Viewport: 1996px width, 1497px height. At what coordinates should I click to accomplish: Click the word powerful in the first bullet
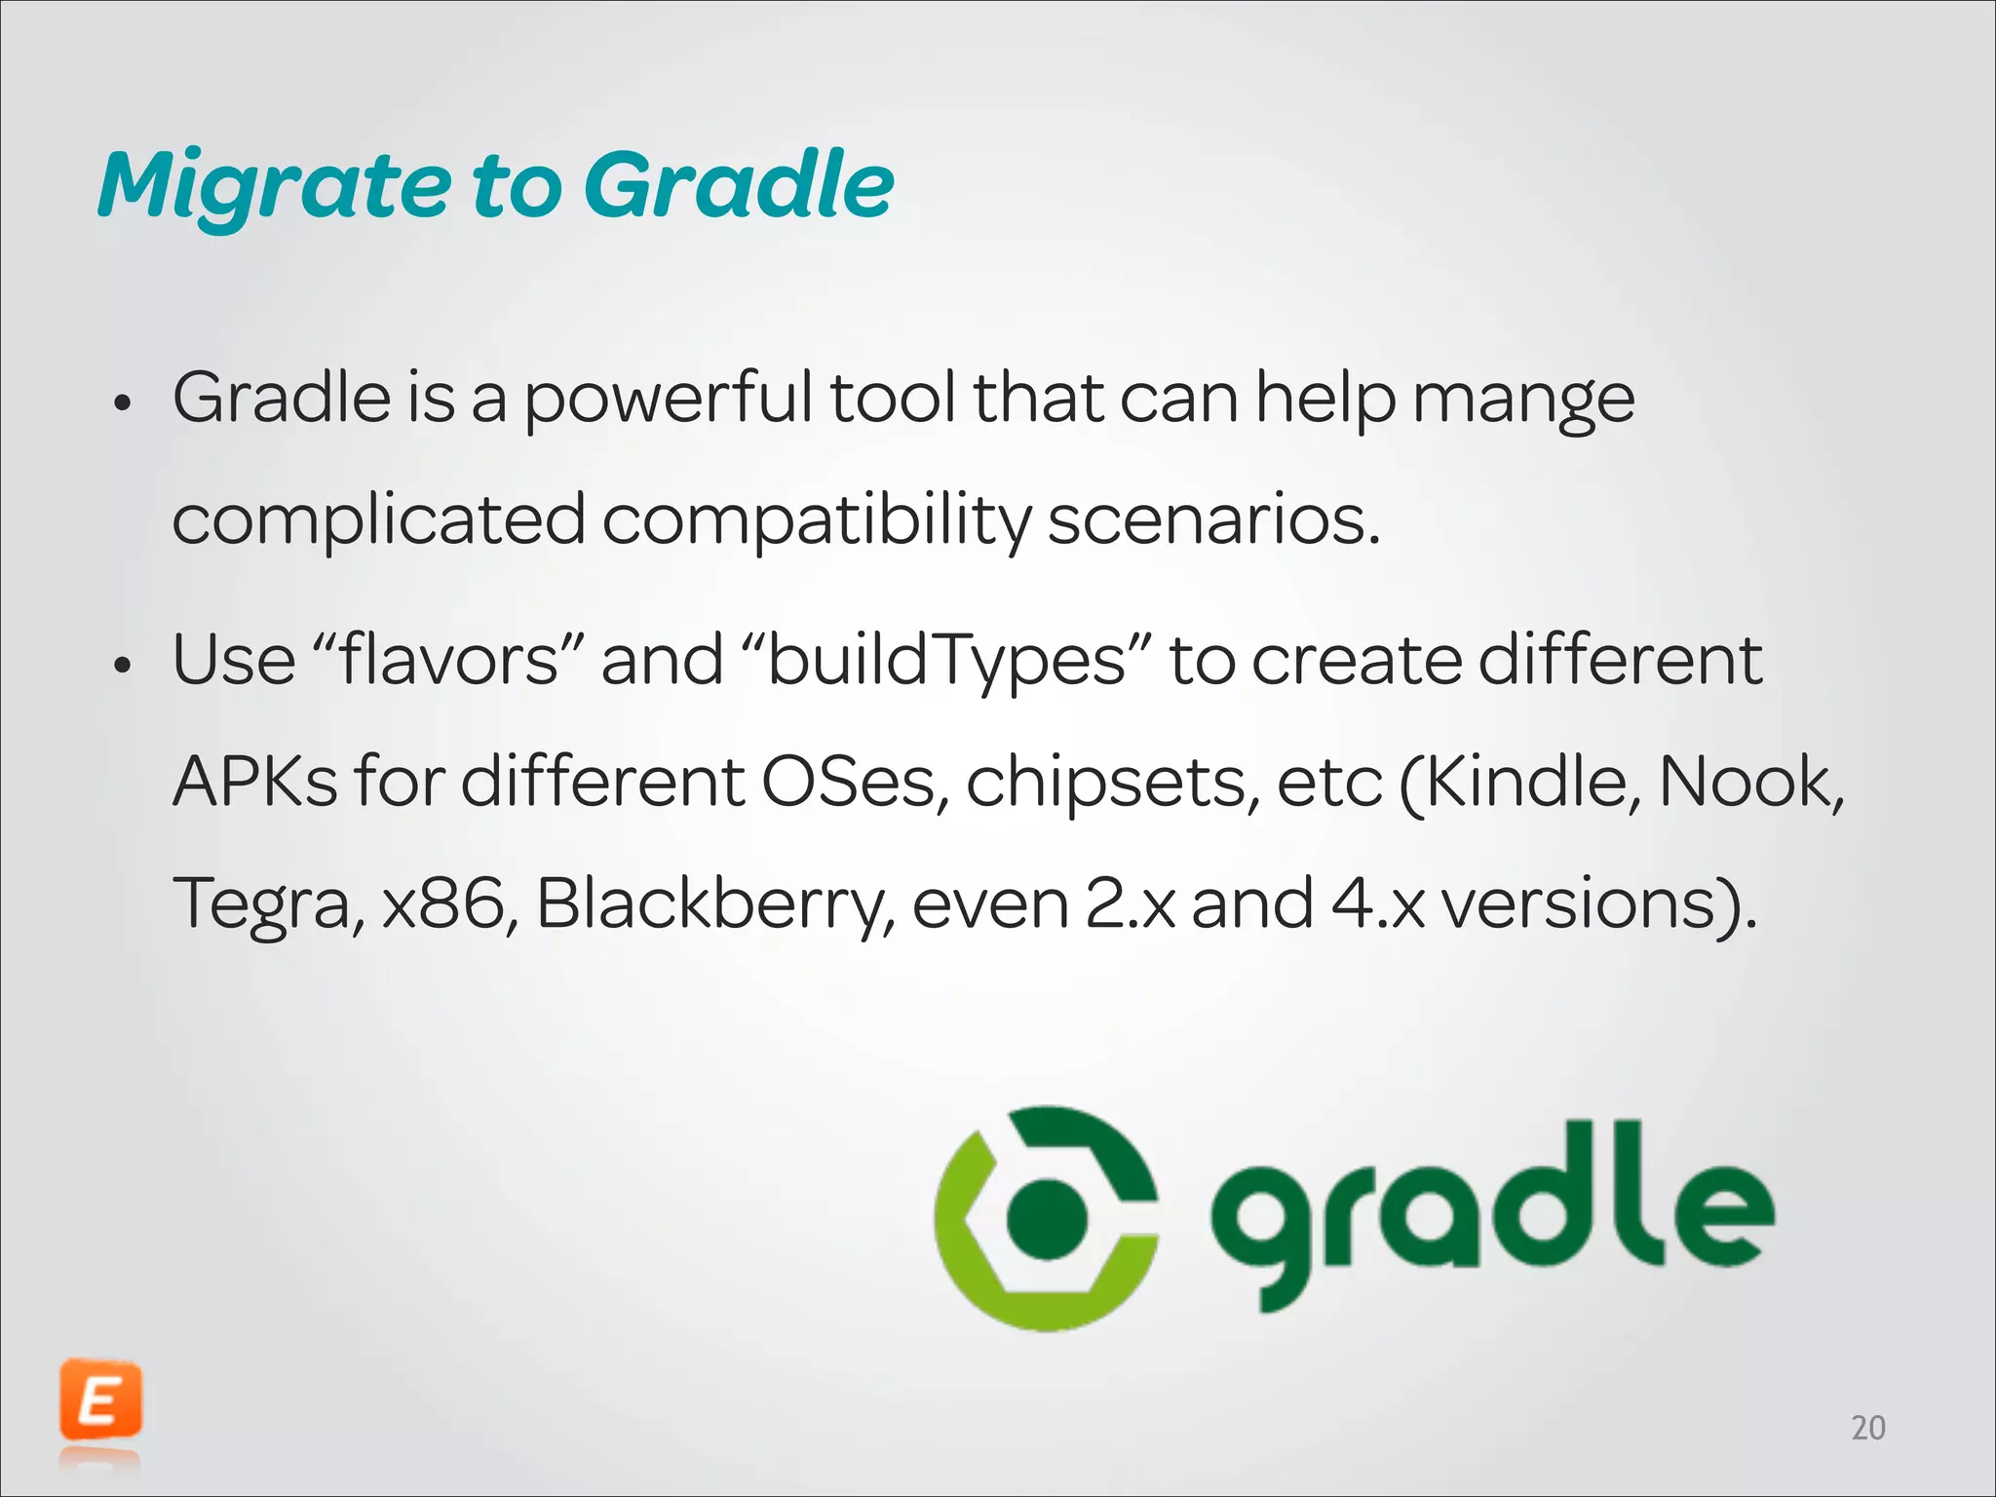pos(668,400)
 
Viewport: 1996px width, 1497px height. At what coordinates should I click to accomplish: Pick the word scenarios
pos(1213,519)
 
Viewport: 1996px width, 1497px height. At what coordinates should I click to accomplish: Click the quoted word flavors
pos(449,660)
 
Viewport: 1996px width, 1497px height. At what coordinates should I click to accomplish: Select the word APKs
pos(254,782)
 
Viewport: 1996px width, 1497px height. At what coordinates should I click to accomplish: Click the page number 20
pos(1867,1428)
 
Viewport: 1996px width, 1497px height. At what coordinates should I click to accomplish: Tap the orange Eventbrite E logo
pos(100,1401)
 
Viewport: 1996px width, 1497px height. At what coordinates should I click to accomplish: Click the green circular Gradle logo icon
pos(1047,1217)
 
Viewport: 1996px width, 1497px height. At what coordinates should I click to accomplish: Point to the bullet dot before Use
pos(122,667)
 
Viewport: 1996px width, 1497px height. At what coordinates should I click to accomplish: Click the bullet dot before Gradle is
pos(122,403)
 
